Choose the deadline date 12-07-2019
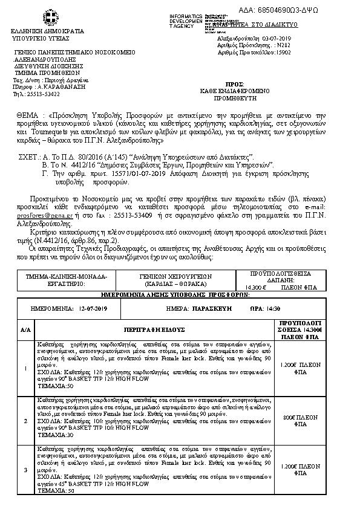[92, 309]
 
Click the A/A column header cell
[25, 331]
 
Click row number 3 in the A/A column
[25, 470]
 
